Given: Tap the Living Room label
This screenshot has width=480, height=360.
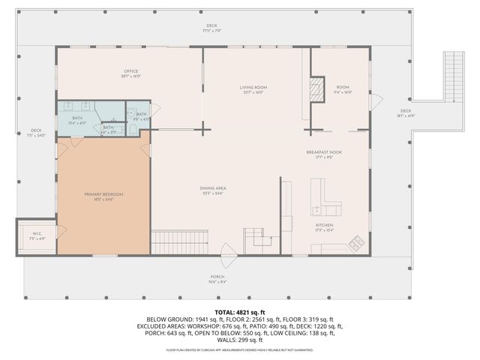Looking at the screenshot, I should pyautogui.click(x=253, y=89).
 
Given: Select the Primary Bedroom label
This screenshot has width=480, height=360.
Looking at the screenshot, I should pyautogui.click(x=103, y=196).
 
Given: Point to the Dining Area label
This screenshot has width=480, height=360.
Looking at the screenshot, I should pyautogui.click(x=214, y=190).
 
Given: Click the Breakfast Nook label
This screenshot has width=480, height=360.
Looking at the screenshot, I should pyautogui.click(x=324, y=154).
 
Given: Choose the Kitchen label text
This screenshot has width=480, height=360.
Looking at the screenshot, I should pyautogui.click(x=324, y=227).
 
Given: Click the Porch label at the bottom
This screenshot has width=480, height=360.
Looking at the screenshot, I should pyautogui.click(x=216, y=279).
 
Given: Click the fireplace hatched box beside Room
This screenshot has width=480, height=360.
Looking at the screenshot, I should pyautogui.click(x=317, y=88).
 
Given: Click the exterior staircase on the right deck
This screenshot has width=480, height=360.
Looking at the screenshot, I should pyautogui.click(x=454, y=75).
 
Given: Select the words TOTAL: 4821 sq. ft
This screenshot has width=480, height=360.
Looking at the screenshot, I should pyautogui.click(x=239, y=311).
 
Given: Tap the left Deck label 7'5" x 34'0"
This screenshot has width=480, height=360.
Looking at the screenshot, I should pyautogui.click(x=36, y=133).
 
